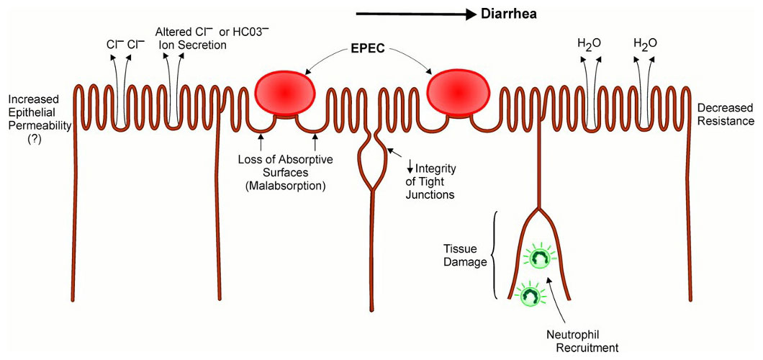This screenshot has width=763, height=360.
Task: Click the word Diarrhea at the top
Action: [509, 14]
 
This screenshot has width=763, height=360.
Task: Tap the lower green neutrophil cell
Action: [531, 294]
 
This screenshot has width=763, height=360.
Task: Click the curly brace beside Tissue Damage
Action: [494, 256]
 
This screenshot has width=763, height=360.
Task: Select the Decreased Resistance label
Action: [725, 114]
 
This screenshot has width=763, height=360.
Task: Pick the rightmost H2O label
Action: [645, 43]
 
